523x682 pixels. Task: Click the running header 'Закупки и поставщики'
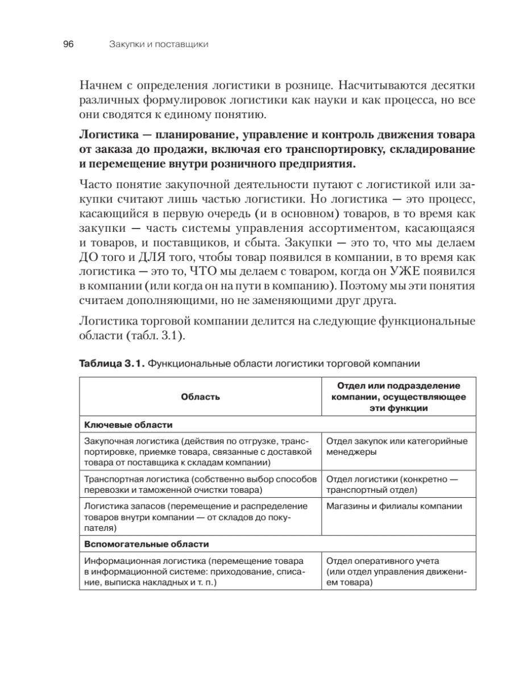[x=158, y=44]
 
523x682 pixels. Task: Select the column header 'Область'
[x=200, y=397]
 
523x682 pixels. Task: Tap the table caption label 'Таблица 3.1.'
[x=111, y=363]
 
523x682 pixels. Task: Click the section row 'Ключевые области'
[x=128, y=424]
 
